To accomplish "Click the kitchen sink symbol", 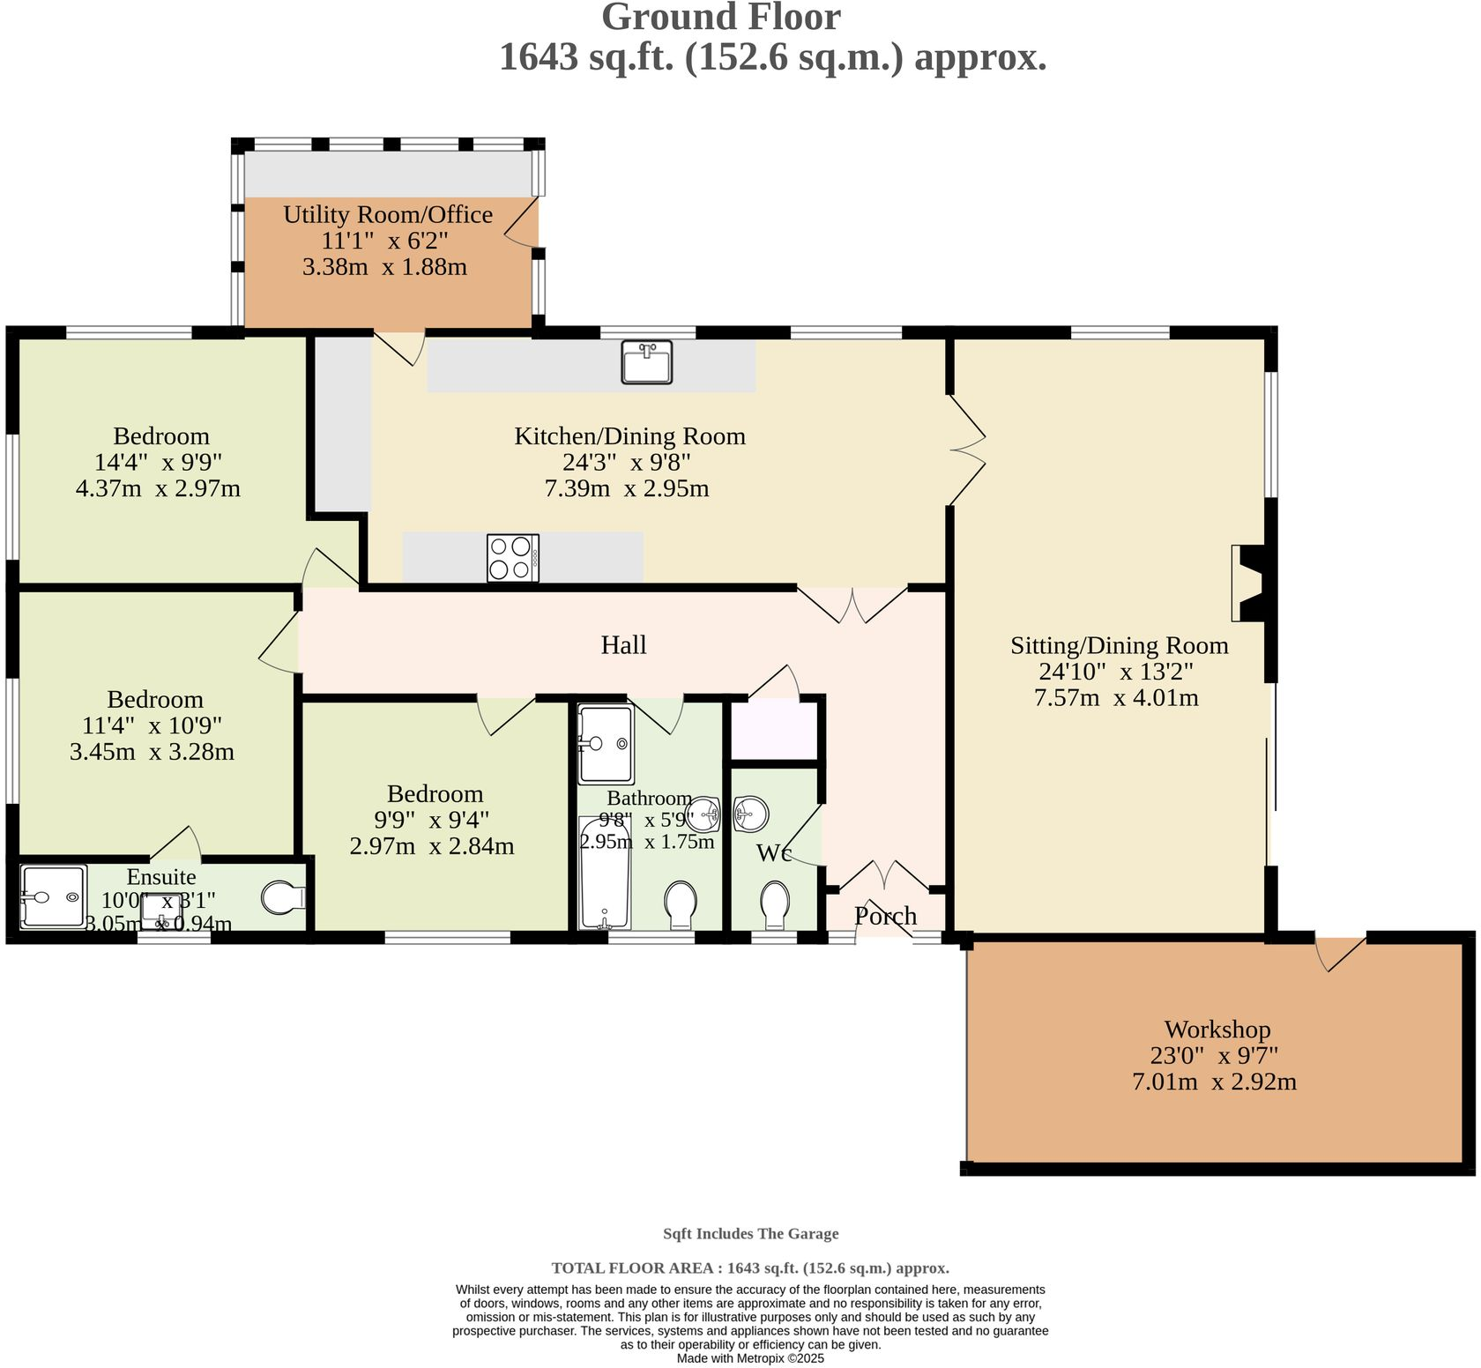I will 646,362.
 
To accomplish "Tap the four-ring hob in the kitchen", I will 512,558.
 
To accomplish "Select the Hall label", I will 623,645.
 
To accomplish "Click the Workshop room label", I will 1217,1030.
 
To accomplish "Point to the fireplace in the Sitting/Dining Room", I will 1249,584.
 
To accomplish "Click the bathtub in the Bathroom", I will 605,873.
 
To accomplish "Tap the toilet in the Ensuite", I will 283,897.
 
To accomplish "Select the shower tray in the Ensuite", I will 54,896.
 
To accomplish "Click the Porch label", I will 885,916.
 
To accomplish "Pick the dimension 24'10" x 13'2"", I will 1116,672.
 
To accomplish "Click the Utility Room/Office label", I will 388,214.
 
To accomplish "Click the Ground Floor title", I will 720,18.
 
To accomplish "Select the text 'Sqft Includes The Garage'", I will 750,1234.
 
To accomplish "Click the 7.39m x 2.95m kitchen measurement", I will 627,488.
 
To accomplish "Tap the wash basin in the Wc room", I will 750,814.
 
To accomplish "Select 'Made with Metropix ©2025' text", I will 750,1358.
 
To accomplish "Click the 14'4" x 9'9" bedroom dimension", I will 158,462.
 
